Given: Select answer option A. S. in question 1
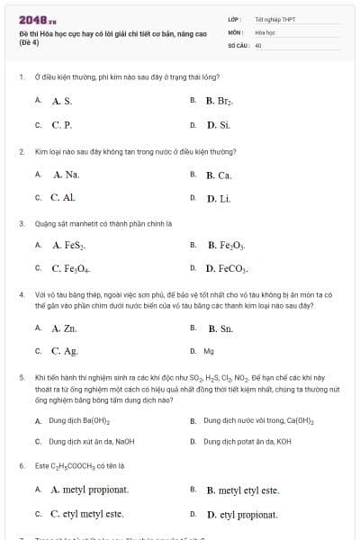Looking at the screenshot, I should pyautogui.click(x=61, y=102).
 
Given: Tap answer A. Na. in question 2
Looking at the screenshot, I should pyautogui.click(x=66, y=175).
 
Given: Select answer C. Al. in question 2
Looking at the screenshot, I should pyautogui.click(x=63, y=197).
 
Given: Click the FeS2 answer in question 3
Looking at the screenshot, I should pyautogui.click(x=69, y=245).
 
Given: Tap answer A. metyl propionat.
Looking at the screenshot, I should pyautogui.click(x=90, y=490).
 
